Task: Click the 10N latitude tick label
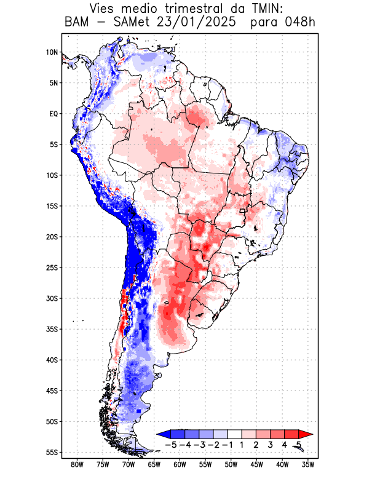[x=52, y=52]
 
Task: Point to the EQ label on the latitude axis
[x=53, y=114]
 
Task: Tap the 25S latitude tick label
[x=52, y=268]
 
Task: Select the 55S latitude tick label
[x=52, y=452]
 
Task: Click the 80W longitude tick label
[x=77, y=464]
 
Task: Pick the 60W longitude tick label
[x=180, y=464]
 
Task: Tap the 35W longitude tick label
[x=308, y=464]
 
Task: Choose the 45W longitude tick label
[x=257, y=464]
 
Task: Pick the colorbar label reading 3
[x=271, y=444]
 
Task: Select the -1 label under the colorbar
[x=227, y=444]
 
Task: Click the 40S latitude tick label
[x=52, y=360]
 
